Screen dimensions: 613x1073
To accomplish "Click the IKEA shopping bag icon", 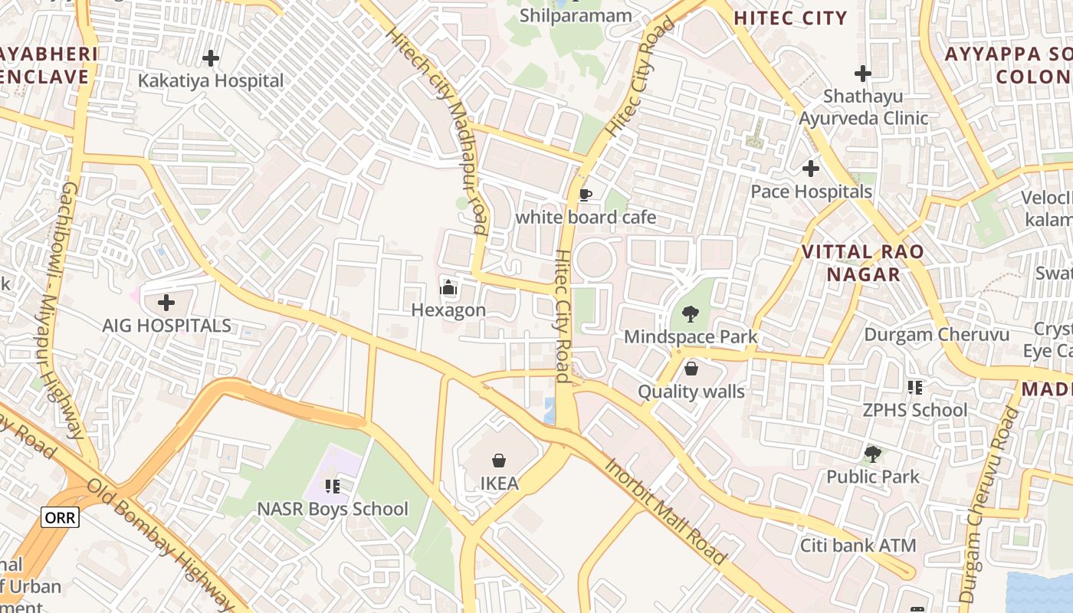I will [499, 461].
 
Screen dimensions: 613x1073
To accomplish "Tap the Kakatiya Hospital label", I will [211, 80].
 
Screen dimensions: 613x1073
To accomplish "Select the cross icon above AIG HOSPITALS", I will [166, 302].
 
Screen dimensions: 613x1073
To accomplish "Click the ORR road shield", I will [60, 517].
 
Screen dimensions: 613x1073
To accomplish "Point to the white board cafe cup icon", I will [586, 195].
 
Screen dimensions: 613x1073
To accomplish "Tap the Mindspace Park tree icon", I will [691, 313].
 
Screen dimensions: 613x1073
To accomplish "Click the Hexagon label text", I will [448, 310].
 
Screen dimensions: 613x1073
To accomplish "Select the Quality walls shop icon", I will [691, 369].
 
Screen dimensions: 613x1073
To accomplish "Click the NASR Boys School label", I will [333, 509].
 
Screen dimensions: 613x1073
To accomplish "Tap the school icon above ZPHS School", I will [914, 388].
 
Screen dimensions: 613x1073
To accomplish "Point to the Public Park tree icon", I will [872, 454].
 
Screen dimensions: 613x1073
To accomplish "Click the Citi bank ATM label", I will [858, 546].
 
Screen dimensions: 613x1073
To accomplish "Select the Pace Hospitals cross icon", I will [811, 169].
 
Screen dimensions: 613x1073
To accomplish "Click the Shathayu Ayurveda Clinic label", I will [864, 107].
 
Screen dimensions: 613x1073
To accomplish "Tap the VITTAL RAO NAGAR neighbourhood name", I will [863, 263].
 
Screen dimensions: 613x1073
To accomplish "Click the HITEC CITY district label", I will [790, 18].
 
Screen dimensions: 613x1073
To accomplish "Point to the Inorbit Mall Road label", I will [664, 512].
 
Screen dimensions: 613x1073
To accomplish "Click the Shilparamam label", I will [576, 15].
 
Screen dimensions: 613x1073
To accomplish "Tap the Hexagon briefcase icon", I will [448, 288].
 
